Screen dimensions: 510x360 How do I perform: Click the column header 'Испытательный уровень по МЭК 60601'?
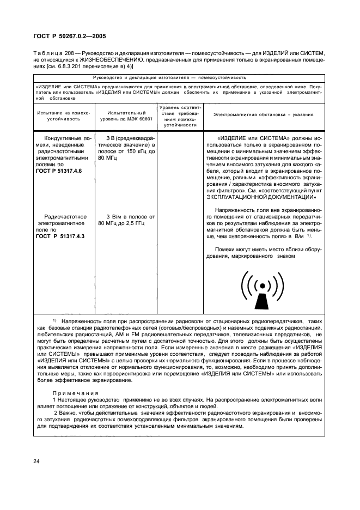(x=126, y=116)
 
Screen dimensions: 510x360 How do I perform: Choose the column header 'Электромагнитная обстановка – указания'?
(x=263, y=116)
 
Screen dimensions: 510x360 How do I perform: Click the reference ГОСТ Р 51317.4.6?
(x=58, y=171)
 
